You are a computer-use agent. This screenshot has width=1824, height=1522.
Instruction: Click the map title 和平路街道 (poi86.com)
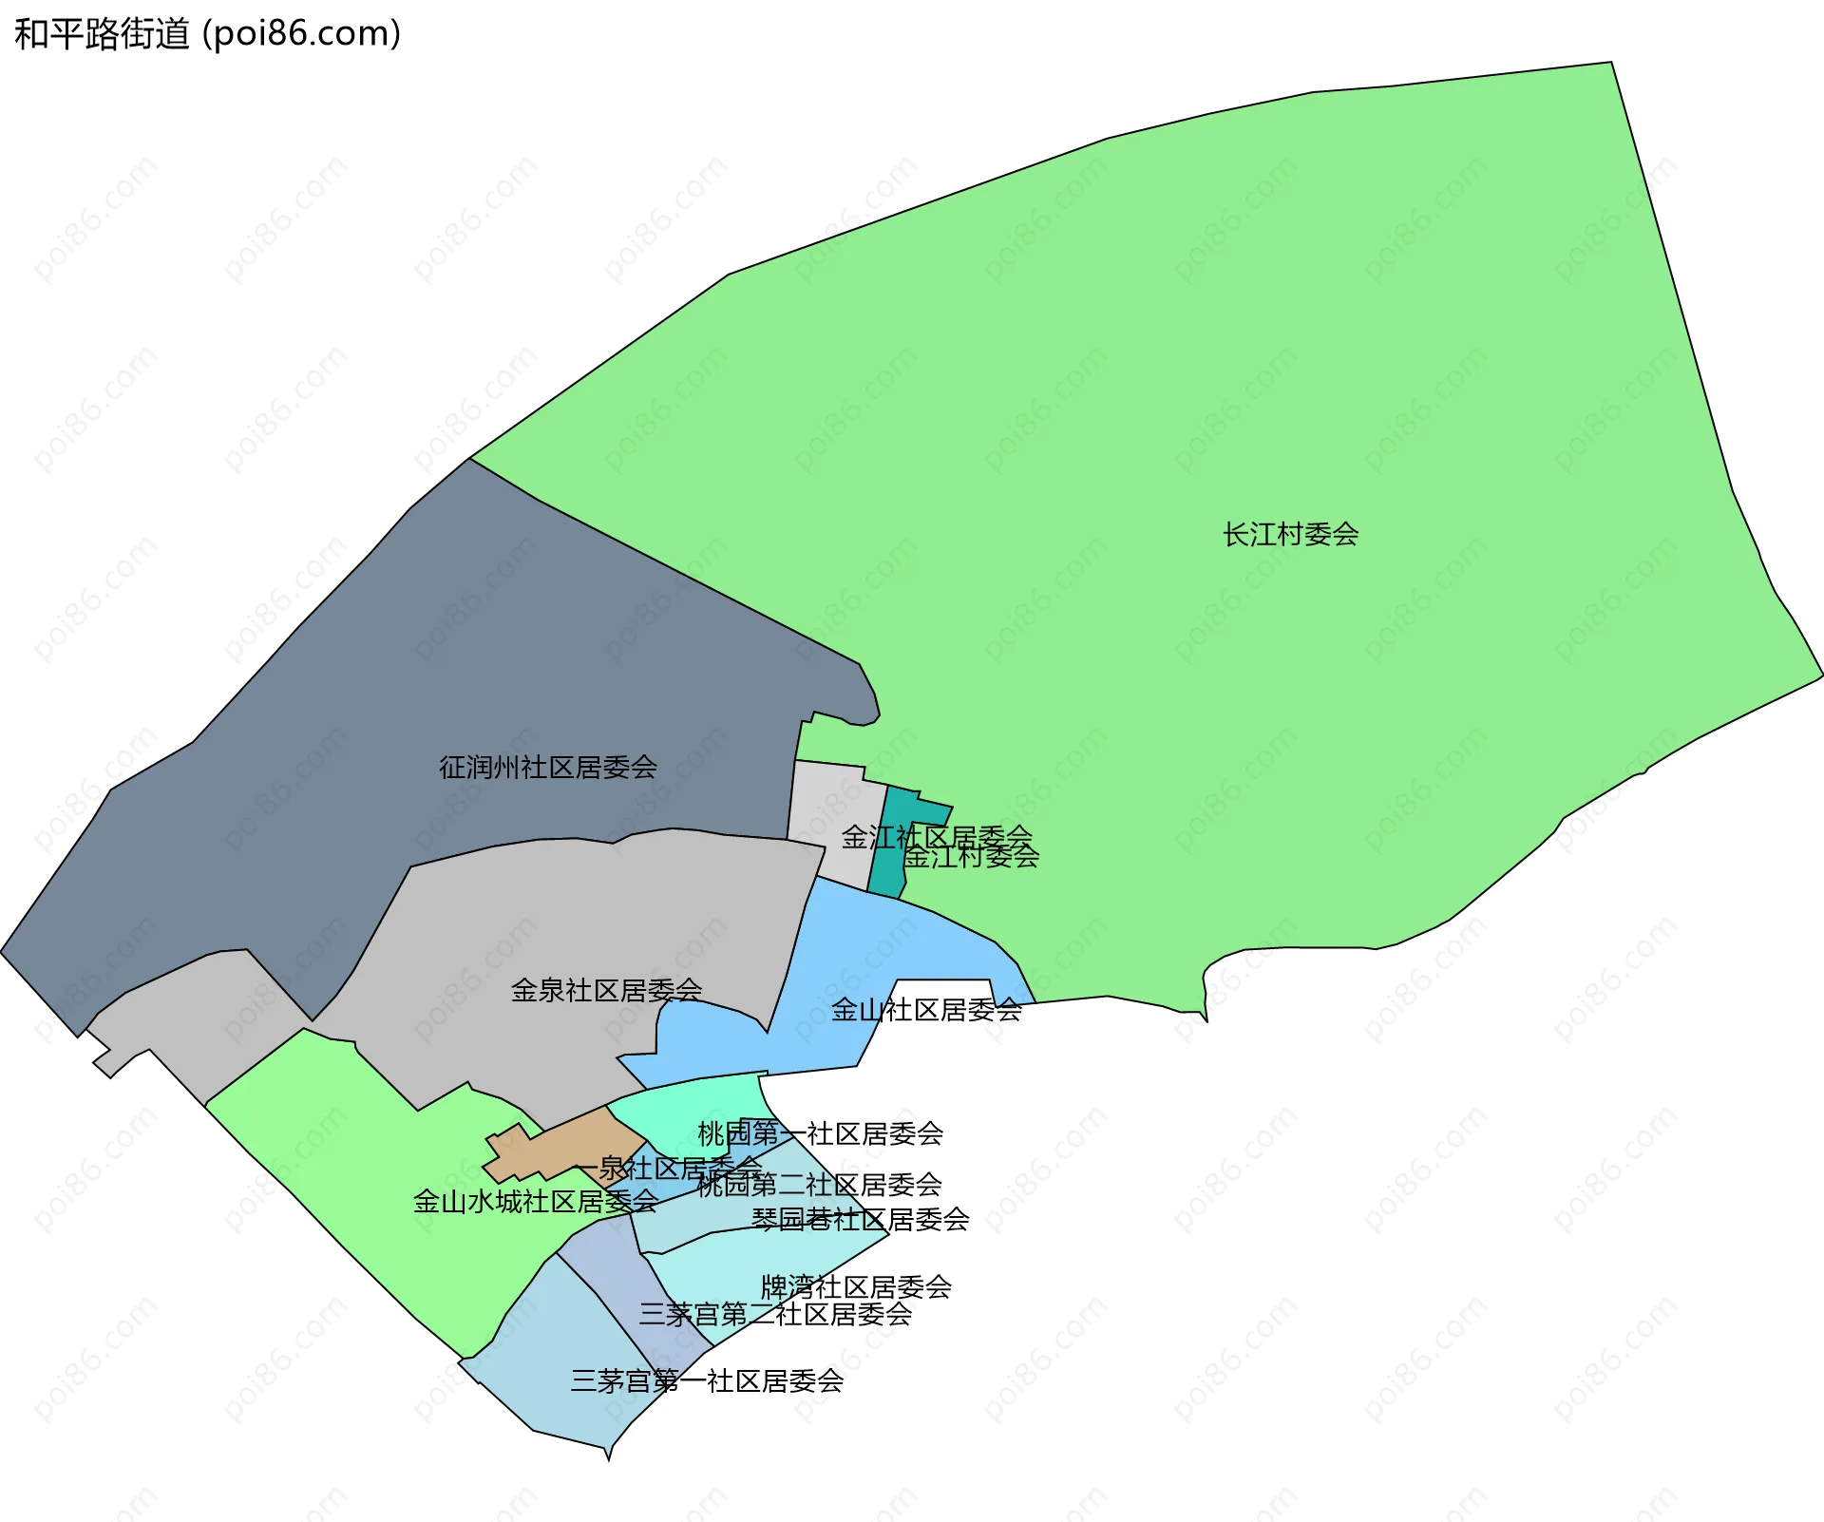(x=207, y=34)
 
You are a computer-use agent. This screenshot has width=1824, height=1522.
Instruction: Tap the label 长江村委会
(x=1290, y=535)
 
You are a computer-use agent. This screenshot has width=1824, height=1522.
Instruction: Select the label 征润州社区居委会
(x=547, y=768)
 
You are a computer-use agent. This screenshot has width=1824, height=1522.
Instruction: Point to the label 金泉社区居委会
(x=606, y=991)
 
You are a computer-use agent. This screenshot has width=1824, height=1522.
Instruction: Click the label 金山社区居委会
(x=925, y=1010)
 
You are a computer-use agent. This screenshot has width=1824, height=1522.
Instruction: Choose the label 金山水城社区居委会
(x=535, y=1202)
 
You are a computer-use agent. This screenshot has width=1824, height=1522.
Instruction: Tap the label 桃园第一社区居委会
(x=820, y=1133)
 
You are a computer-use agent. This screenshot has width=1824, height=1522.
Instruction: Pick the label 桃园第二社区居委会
(x=819, y=1185)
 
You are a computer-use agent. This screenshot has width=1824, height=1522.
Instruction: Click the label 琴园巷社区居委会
(x=860, y=1219)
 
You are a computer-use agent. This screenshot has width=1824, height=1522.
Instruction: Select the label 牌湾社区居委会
(x=855, y=1287)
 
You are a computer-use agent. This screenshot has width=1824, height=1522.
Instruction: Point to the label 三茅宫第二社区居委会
(x=775, y=1315)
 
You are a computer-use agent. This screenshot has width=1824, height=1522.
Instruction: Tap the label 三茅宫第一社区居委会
(x=707, y=1381)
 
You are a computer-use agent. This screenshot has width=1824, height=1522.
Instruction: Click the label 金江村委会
(x=971, y=857)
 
